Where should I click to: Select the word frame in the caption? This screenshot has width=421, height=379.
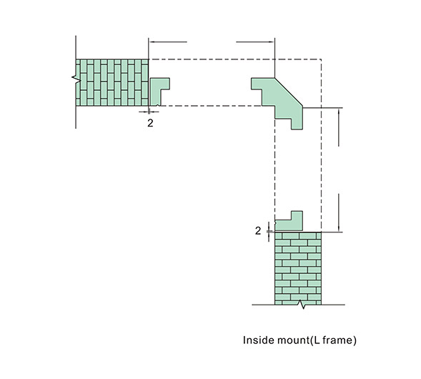click(338, 340)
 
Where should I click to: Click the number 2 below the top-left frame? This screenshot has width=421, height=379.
click(150, 123)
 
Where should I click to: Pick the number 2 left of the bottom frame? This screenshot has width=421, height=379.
click(258, 231)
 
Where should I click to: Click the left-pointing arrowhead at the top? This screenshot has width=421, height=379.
click(152, 42)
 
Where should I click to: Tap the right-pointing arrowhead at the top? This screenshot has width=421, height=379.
click(271, 42)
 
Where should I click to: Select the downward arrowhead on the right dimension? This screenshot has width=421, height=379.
click(339, 228)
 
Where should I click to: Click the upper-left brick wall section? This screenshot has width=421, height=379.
click(112, 82)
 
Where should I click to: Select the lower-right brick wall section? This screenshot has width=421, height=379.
click(298, 268)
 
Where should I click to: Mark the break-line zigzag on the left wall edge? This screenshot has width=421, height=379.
click(76, 78)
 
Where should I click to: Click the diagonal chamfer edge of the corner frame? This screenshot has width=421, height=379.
click(289, 92)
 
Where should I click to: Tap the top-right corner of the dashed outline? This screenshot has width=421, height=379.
click(322, 59)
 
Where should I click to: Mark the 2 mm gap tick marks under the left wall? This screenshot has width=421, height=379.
click(149, 112)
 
